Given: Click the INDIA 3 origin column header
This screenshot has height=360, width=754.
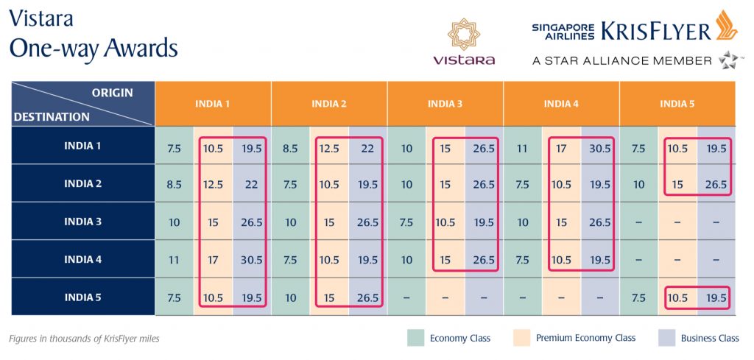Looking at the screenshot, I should [445, 104].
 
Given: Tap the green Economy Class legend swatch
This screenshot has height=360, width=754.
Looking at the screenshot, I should [416, 338].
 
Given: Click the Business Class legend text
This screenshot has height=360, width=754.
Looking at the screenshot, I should [709, 338].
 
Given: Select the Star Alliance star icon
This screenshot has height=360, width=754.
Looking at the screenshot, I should [728, 60].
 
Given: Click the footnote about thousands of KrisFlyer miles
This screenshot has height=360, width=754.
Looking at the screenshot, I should [84, 339].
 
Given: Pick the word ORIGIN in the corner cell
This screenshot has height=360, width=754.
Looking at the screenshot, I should [112, 93].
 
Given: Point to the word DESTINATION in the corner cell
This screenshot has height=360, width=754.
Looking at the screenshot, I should [52, 116].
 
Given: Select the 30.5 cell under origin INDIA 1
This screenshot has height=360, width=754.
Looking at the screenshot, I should [252, 259].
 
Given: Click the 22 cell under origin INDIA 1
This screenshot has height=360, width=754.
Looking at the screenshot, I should [252, 184].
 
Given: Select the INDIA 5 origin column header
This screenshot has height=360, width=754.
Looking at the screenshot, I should [677, 104].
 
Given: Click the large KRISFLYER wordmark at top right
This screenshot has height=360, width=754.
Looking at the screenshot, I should [655, 31].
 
